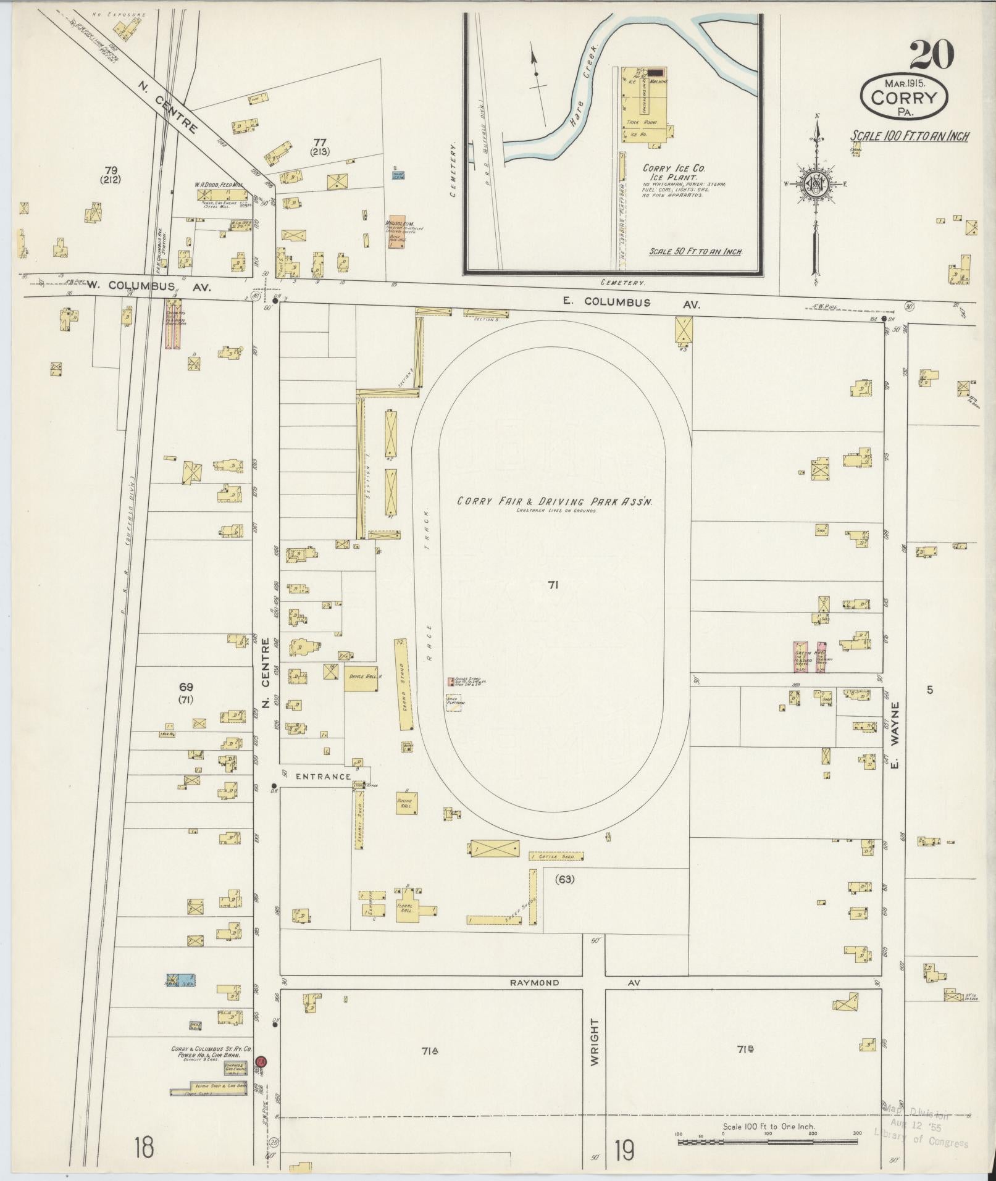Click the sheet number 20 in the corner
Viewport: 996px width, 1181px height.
931,56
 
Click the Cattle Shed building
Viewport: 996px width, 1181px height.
556,857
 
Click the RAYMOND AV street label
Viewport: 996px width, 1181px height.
535,982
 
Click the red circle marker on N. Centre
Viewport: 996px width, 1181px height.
261,1061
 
